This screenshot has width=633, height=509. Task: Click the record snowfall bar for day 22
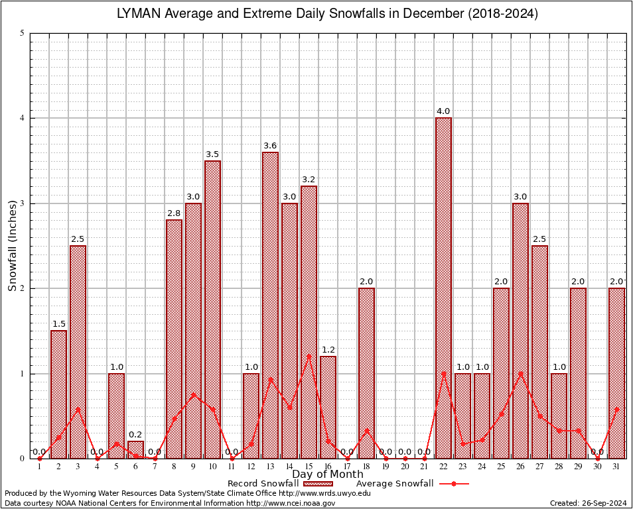tap(443, 288)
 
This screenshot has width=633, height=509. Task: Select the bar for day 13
tap(270, 305)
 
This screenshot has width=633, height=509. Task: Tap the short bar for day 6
tap(135, 449)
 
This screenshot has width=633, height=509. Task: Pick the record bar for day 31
tap(616, 372)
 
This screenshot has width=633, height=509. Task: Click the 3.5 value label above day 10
tap(212, 154)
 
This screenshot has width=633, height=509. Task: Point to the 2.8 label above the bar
tap(174, 213)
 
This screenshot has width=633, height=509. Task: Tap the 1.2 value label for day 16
tap(328, 350)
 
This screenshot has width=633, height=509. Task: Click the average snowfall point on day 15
tap(309, 355)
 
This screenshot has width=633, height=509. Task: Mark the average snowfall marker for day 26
tap(520, 374)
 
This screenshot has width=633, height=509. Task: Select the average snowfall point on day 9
tap(193, 395)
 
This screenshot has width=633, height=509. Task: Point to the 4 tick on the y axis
tap(22, 118)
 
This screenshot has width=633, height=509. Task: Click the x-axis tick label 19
tap(386, 467)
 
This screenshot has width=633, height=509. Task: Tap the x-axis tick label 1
tap(40, 467)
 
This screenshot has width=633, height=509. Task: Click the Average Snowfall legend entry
tap(411, 484)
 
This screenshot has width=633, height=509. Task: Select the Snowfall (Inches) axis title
tap(13, 246)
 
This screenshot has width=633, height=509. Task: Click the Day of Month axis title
tap(328, 475)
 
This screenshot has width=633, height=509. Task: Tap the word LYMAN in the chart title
tap(139, 13)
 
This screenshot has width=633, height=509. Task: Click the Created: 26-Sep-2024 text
tap(588, 503)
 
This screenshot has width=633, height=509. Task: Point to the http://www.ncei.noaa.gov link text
tap(291, 503)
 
